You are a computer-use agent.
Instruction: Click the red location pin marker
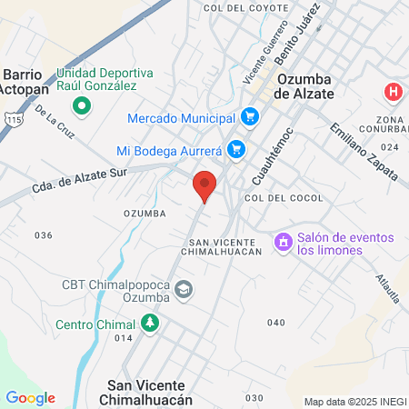pos(205,185)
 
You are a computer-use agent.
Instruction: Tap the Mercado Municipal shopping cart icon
pos(251,117)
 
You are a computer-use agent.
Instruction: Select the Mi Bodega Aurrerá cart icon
pos(236,148)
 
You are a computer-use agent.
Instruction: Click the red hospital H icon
pos(393,92)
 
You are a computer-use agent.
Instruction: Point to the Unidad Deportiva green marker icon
pos(82,106)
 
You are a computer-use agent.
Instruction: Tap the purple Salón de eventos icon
pos(283,243)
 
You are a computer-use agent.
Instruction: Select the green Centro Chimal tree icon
pos(148,323)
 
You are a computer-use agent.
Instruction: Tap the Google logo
pos(30,398)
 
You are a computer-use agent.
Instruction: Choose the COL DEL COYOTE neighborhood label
pos(239,8)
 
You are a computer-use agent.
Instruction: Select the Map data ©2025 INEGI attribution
pos(354,401)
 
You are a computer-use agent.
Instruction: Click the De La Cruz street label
pos(54,124)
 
